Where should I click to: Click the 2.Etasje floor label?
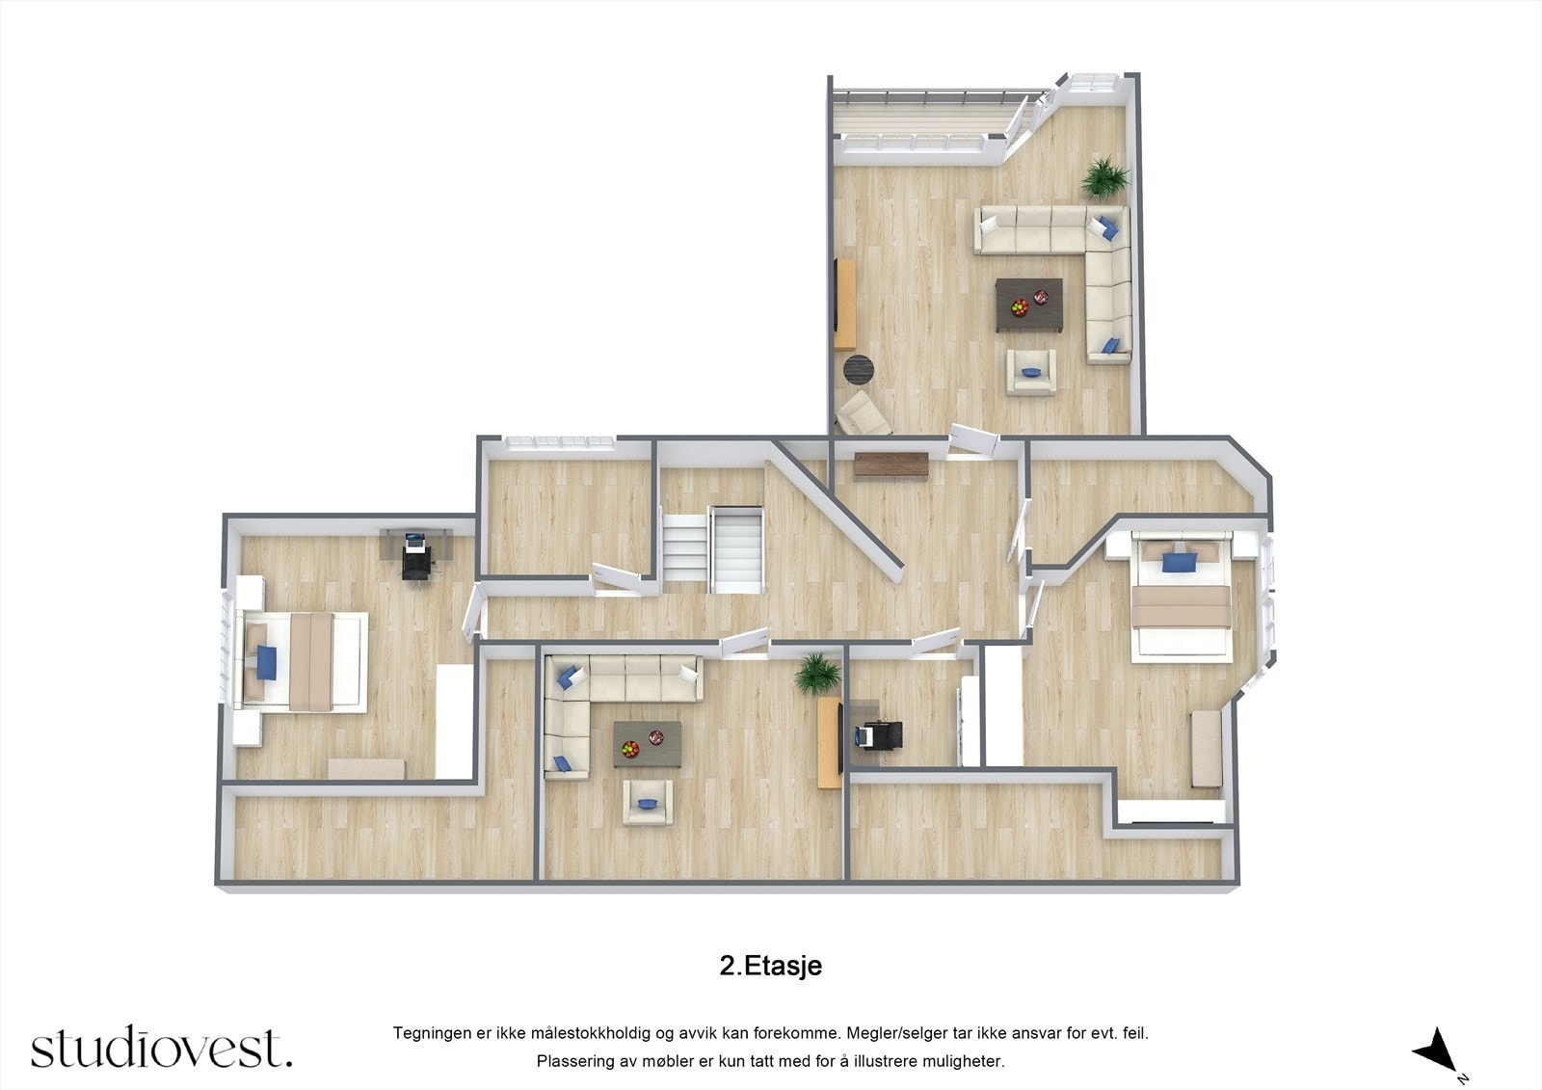pos(770,966)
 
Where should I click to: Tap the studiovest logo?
pos(161,1048)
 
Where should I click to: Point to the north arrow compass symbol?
pos(1435,1050)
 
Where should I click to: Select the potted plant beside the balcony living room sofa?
pos(1104,178)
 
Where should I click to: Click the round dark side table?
pos(858,369)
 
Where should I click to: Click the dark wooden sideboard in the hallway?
pos(890,465)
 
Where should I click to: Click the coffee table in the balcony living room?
pos(1029,305)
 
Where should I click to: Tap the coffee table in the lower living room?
pos(647,744)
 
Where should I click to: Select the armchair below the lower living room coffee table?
pos(647,802)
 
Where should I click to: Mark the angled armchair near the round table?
pos(862,413)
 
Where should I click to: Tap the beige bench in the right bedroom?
pos(1207,749)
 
